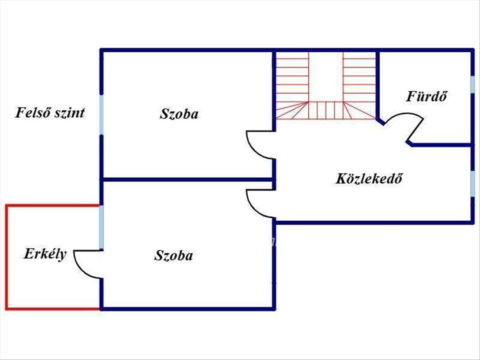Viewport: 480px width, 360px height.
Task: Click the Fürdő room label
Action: coord(426,96)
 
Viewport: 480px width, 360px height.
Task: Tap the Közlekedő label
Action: coord(368,178)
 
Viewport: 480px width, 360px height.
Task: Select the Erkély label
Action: coord(45,254)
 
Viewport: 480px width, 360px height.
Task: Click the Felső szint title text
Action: coord(50,113)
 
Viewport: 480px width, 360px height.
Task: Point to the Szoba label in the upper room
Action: coord(179,114)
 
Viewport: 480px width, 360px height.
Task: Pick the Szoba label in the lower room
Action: coord(174,256)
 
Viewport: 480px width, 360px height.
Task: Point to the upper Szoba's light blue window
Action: coord(102,115)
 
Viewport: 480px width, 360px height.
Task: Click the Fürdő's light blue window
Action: coord(472,86)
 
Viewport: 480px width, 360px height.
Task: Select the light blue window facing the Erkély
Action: coord(102,227)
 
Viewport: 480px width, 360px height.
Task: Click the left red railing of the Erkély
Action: coord(7,256)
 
